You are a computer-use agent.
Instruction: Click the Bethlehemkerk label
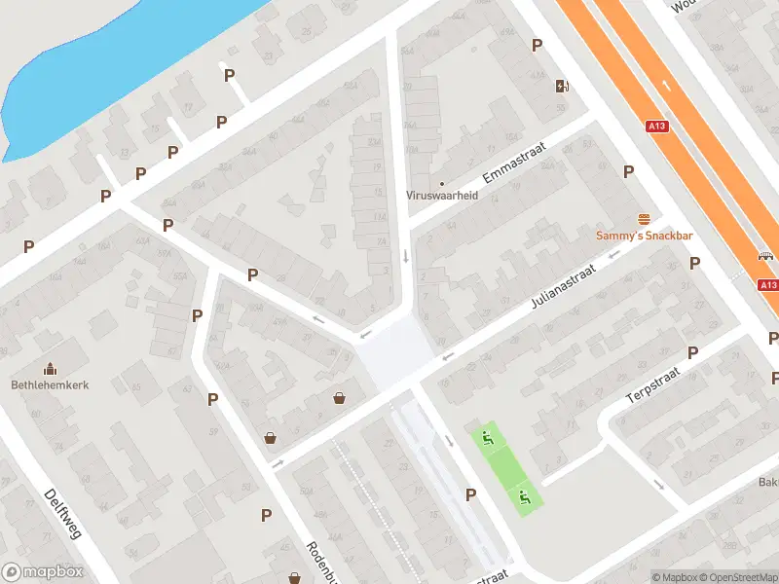tap(51, 384)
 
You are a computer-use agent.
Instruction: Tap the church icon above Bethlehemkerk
tap(51, 368)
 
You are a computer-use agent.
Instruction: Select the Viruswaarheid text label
tap(441, 195)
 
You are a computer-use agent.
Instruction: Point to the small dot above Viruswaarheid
tap(441, 182)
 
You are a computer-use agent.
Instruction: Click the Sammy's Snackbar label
tap(644, 236)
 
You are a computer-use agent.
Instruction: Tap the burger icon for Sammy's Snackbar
tap(644, 219)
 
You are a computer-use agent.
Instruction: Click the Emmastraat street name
tap(515, 164)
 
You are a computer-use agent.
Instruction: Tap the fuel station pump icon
tap(562, 85)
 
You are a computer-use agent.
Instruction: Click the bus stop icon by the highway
tap(765, 257)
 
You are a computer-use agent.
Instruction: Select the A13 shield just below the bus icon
tap(768, 284)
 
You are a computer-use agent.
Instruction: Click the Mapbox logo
tap(42, 572)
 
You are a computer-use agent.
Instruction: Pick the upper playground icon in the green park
tap(488, 438)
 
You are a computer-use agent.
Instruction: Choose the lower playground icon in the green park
tap(525, 497)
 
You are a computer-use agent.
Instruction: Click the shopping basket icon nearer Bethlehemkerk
tap(271, 438)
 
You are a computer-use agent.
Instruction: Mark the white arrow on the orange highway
tap(666, 85)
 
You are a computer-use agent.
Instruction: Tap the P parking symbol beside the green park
tap(471, 494)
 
